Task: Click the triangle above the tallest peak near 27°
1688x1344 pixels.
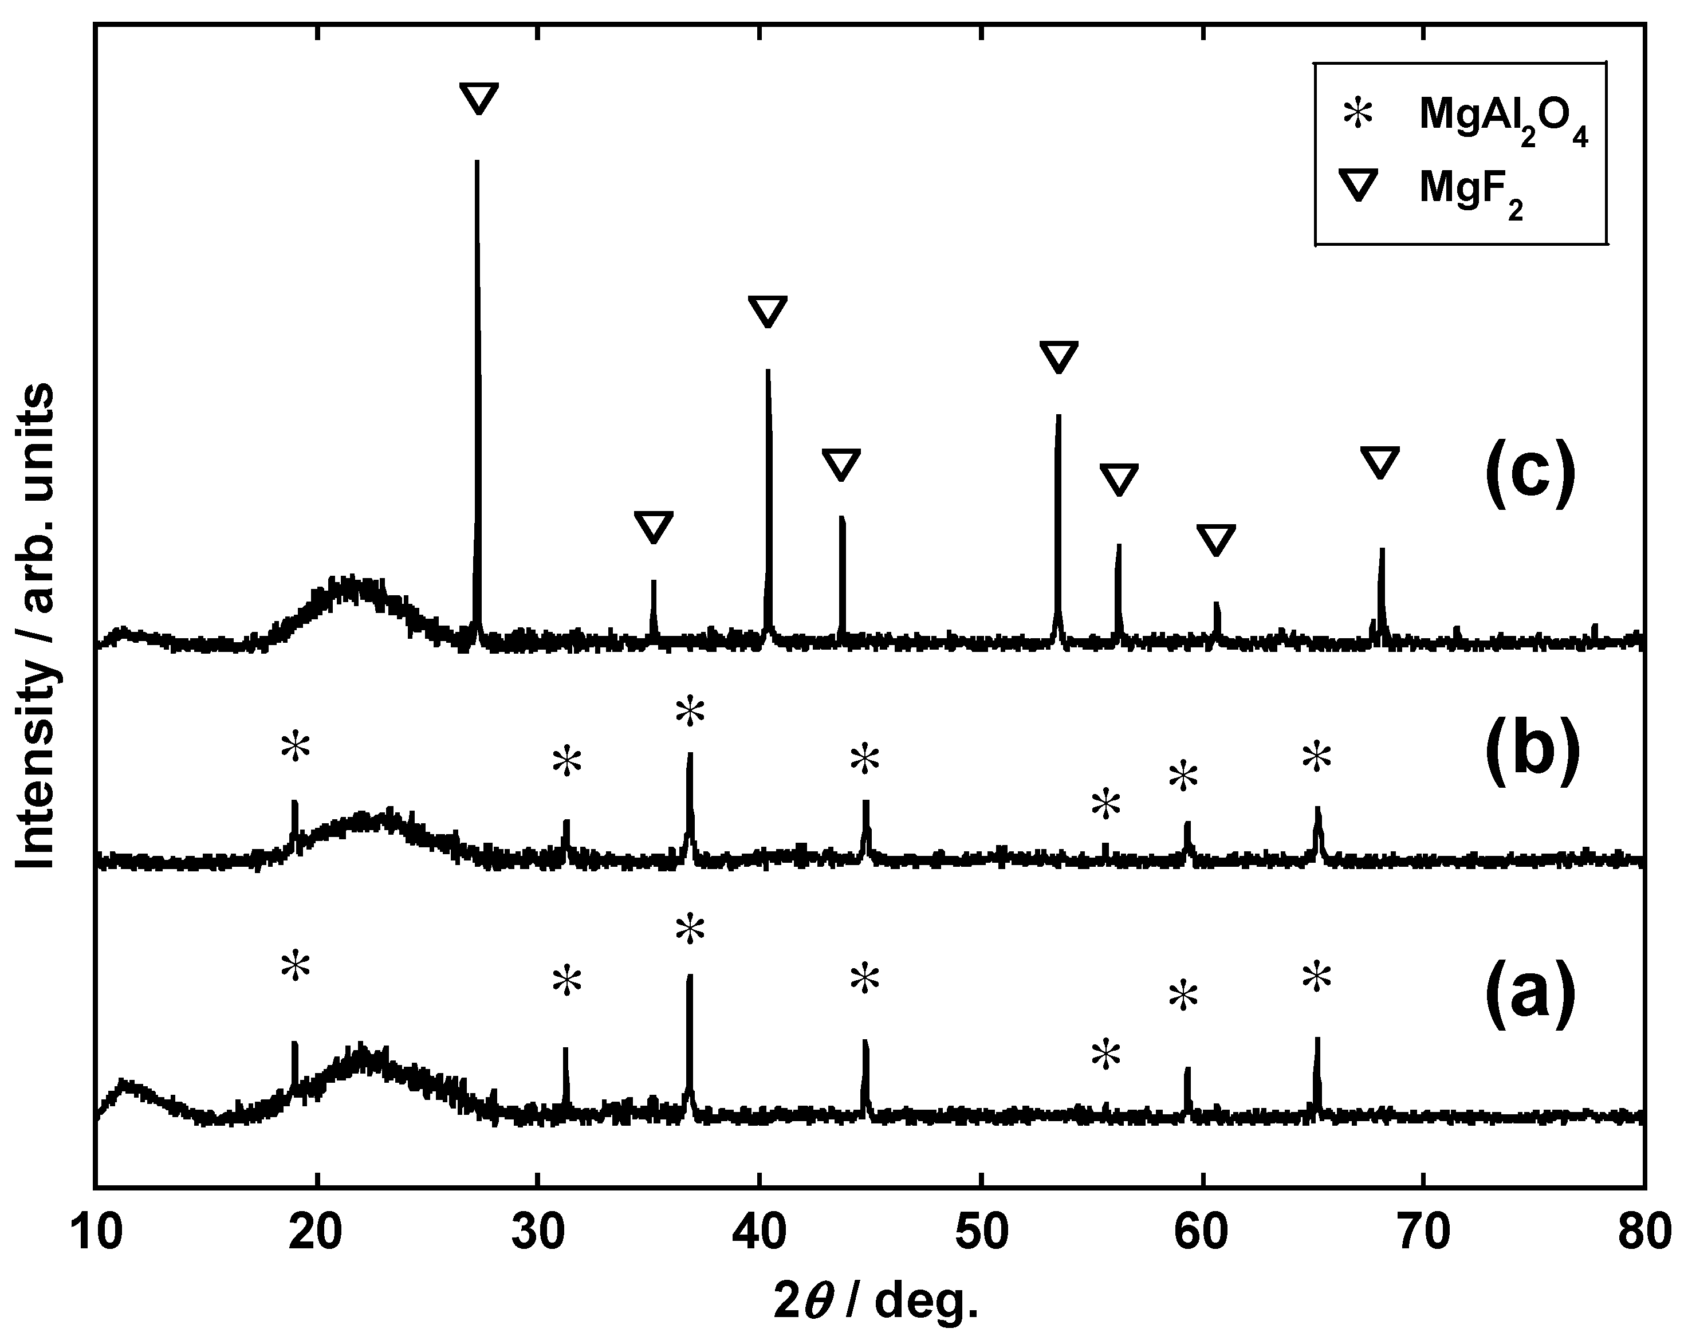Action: point(478,99)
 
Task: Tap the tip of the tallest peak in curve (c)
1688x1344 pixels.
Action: point(477,162)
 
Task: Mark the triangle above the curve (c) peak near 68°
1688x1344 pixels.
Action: point(1379,462)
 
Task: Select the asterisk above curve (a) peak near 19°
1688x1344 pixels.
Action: point(295,966)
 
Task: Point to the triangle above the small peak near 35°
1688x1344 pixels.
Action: point(653,527)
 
